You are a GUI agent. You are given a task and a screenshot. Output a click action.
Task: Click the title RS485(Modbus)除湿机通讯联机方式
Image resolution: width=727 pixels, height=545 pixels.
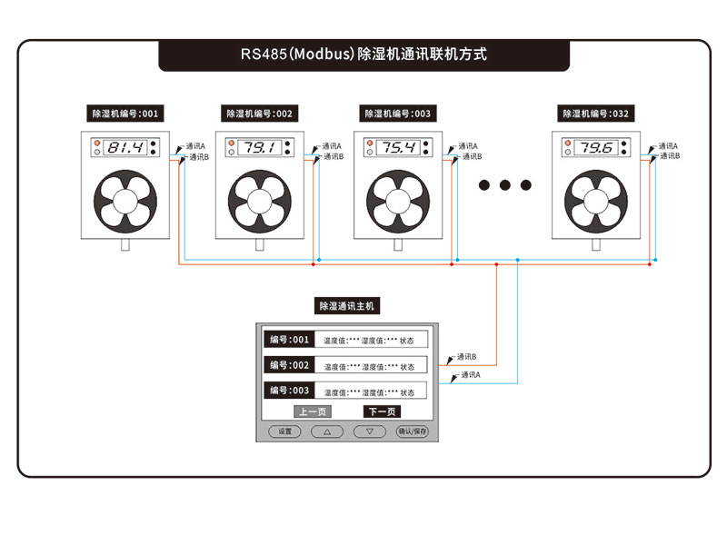click(x=363, y=54)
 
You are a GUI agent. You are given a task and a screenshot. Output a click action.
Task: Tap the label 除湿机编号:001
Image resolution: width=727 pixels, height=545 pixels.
click(x=124, y=114)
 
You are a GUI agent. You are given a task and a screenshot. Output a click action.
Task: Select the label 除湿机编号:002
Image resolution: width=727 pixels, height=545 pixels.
click(x=260, y=114)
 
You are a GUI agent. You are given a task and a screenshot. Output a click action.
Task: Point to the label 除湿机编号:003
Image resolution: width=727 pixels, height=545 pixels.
click(x=397, y=114)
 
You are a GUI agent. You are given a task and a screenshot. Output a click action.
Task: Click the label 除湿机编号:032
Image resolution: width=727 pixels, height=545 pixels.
click(x=596, y=114)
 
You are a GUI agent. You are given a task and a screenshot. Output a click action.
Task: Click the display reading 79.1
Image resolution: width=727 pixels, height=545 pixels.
click(x=261, y=147)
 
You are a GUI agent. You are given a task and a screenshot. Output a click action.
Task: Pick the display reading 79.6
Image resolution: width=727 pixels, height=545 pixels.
click(x=597, y=147)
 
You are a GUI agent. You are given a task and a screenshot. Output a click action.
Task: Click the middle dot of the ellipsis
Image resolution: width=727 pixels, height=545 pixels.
click(x=505, y=185)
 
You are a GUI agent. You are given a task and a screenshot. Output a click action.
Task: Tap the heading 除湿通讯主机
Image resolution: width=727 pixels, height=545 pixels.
click(x=345, y=306)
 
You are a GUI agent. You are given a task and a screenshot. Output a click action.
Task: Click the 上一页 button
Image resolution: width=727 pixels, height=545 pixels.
click(x=312, y=411)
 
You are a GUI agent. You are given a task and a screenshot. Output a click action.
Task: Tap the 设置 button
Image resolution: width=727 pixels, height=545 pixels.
click(x=284, y=431)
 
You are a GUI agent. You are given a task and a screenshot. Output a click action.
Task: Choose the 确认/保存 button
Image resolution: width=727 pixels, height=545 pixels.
click(x=412, y=431)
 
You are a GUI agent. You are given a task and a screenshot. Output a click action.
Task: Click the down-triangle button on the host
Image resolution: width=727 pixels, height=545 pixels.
click(x=370, y=431)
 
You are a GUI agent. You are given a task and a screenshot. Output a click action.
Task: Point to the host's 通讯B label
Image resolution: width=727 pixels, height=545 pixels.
click(x=467, y=357)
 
